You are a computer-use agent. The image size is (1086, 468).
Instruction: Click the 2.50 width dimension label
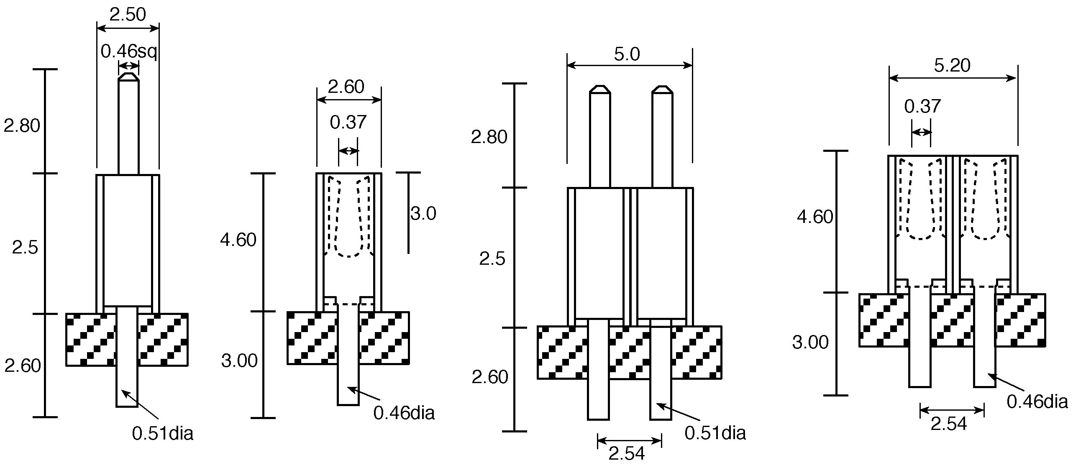coord(127,15)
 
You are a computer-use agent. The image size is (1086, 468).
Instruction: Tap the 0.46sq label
coord(128,52)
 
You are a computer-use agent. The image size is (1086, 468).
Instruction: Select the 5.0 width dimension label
coord(627,54)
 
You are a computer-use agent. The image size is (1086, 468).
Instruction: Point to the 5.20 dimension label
coord(953,65)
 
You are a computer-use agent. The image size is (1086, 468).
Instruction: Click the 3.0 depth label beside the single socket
coord(423,214)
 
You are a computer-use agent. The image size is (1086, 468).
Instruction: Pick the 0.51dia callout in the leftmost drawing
coord(163,433)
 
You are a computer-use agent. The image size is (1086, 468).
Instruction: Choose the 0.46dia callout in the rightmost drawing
coord(1037,402)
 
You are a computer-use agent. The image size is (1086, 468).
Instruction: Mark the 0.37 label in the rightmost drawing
coord(922,106)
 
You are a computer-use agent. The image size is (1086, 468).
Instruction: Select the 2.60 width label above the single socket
coord(346,87)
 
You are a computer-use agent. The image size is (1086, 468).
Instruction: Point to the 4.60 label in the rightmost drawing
coord(815,217)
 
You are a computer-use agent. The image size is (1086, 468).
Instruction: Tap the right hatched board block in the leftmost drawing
coord(163,340)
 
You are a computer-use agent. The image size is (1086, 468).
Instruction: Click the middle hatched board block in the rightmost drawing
coord(953,320)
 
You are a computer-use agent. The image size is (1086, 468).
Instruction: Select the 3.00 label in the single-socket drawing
coord(239,361)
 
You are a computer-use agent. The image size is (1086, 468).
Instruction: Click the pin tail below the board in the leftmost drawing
coord(127,386)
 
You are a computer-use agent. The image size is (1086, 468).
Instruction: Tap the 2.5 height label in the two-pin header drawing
coord(492,259)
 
